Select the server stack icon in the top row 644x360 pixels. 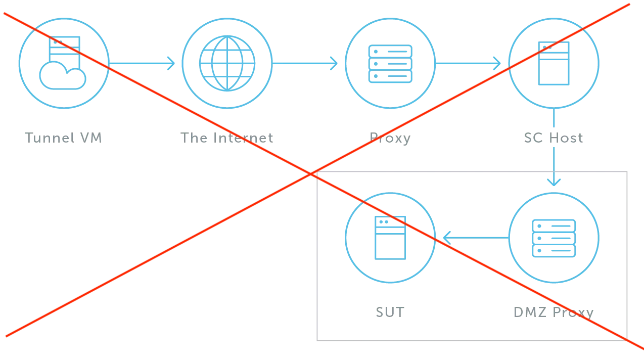[x=390, y=63]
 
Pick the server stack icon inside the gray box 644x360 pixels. [x=554, y=237]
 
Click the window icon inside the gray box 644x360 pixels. [x=390, y=237]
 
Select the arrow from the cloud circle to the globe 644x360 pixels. [x=144, y=63]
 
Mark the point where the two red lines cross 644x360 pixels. [x=313, y=173]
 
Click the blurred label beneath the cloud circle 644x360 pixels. [x=63, y=138]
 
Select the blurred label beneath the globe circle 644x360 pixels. [x=226, y=138]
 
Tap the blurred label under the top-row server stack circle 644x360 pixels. [x=389, y=138]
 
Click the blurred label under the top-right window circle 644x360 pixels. [x=554, y=138]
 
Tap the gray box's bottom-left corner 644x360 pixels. [x=317, y=342]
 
